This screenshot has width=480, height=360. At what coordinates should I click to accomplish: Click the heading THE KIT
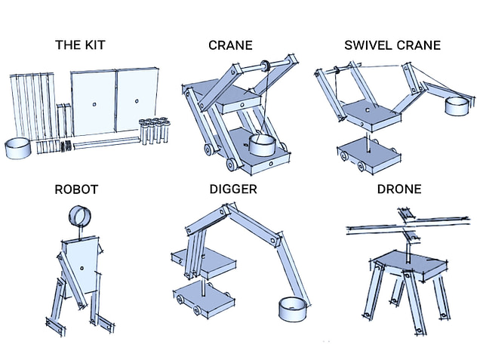click(x=79, y=45)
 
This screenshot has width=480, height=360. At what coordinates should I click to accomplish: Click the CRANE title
click(x=231, y=45)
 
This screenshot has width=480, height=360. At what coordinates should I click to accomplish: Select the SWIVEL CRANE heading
click(x=392, y=45)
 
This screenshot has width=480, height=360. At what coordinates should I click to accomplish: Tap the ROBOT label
click(x=77, y=188)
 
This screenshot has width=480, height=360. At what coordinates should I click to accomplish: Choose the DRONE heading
click(x=399, y=188)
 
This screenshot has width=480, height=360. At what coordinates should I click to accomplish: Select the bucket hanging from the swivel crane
click(x=457, y=106)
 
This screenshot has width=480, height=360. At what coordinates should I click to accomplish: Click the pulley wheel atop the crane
click(x=266, y=66)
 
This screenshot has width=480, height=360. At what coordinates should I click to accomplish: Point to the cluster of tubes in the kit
click(x=154, y=128)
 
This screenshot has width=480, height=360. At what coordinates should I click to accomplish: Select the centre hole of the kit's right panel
click(x=136, y=100)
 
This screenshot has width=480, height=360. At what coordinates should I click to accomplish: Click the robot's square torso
click(x=80, y=264)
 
